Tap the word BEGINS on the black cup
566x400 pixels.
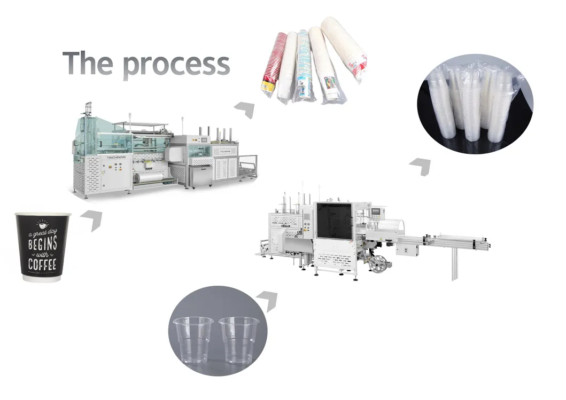pos(42,245)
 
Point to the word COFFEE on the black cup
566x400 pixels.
pos(42,264)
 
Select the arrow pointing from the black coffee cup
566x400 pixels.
pos(92,219)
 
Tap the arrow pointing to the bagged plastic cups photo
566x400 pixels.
pos(421,166)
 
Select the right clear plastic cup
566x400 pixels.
pos(238,339)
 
